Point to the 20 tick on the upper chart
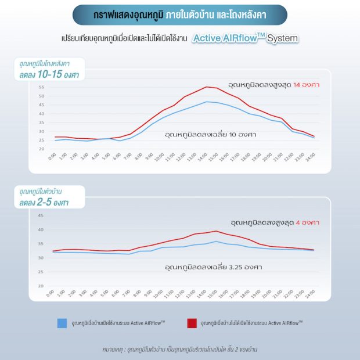pyautogui.click(x=41, y=149)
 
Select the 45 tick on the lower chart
pyautogui.click(x=41, y=215)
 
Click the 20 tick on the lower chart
pyautogui.click(x=41, y=286)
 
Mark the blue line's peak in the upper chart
pyautogui.click(x=206, y=102)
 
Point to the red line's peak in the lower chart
pyautogui.click(x=216, y=231)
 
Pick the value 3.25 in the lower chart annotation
pyautogui.click(x=232, y=268)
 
